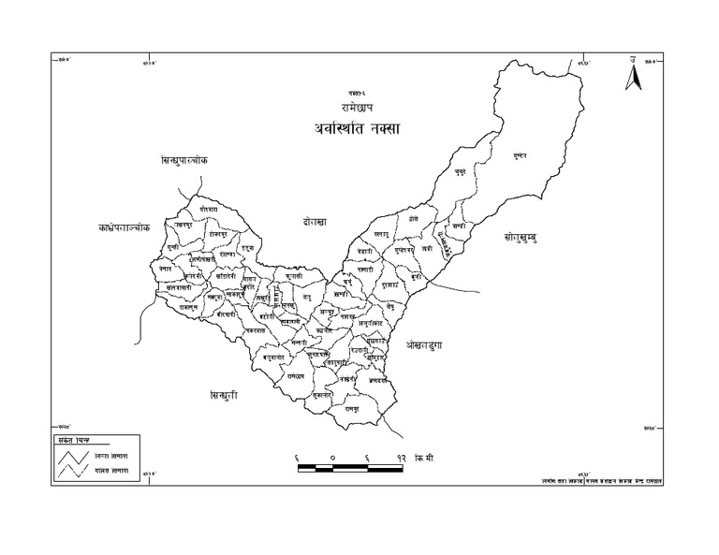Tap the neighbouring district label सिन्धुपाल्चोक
183,161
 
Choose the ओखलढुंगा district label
430,345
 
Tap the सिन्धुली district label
224,396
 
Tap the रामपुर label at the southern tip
353,410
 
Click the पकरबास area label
255,331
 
